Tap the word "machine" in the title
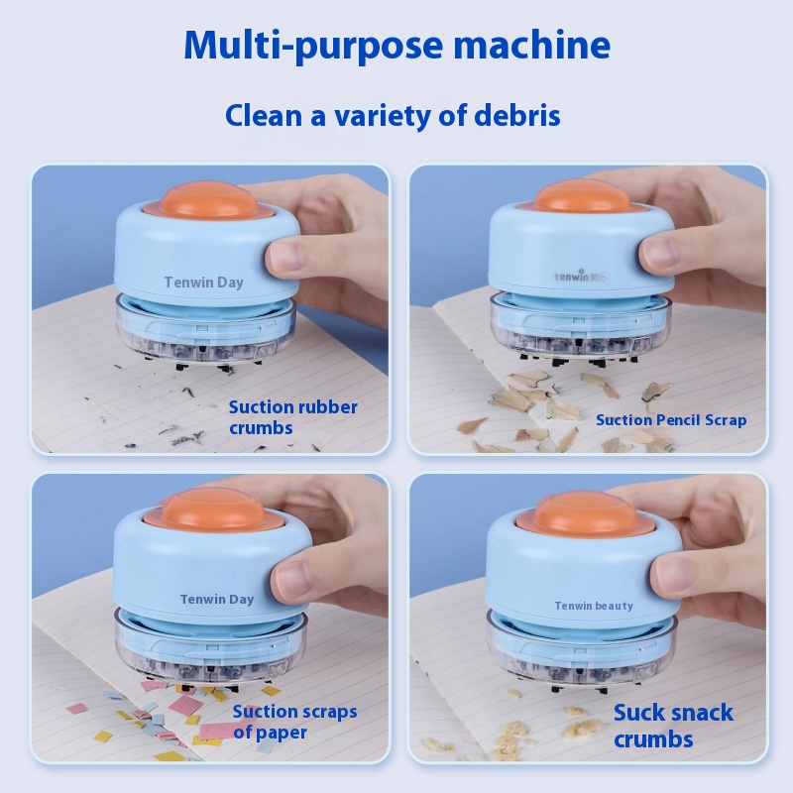click(x=531, y=45)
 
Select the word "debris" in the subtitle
click(x=516, y=115)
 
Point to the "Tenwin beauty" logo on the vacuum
click(x=594, y=606)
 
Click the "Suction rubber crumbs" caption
click(x=292, y=417)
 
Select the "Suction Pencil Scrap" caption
click(x=671, y=420)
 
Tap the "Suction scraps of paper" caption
click(x=294, y=722)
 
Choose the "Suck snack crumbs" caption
click(x=673, y=726)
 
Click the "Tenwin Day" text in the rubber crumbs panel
click(x=204, y=283)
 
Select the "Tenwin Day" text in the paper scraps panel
click(x=217, y=600)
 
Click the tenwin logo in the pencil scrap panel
click(x=581, y=277)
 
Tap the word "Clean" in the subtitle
click(x=264, y=115)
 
